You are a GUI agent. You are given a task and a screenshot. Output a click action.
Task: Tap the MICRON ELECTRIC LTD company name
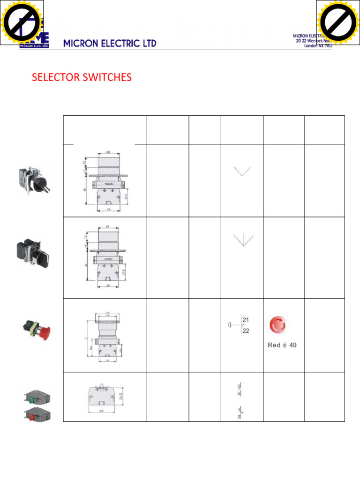110,44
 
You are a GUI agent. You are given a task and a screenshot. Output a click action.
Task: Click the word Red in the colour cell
274,345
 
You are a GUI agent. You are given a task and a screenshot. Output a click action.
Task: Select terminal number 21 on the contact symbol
246,320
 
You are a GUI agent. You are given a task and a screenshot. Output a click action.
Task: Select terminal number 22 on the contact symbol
246,330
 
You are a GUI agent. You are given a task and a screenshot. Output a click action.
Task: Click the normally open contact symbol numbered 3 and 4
240,390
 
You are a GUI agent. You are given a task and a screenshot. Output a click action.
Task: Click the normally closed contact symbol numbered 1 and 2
240,412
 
